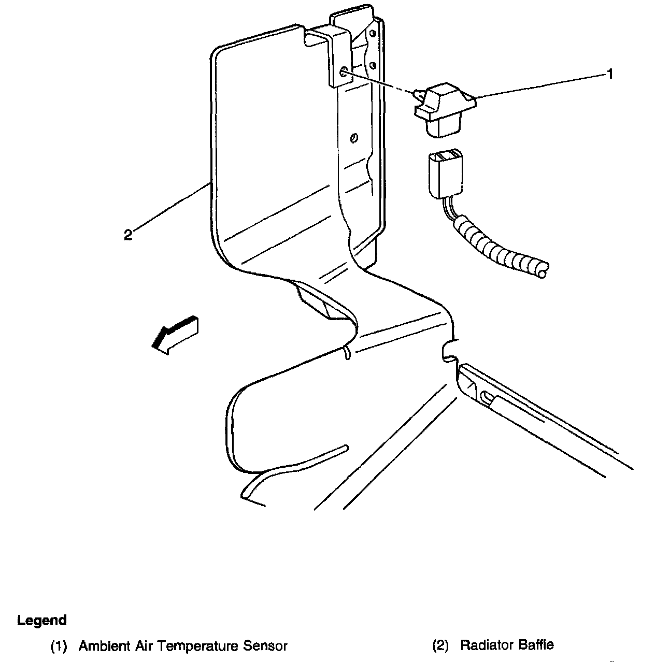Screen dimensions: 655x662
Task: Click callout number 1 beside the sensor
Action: [610, 74]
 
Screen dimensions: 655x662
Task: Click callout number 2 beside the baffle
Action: [128, 235]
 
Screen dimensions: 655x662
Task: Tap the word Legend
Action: [42, 621]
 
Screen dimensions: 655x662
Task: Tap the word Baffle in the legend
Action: [533, 645]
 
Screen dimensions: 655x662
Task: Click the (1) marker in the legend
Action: [59, 646]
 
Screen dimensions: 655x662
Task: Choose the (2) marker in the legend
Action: [440, 645]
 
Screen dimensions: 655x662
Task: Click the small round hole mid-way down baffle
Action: [354, 137]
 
